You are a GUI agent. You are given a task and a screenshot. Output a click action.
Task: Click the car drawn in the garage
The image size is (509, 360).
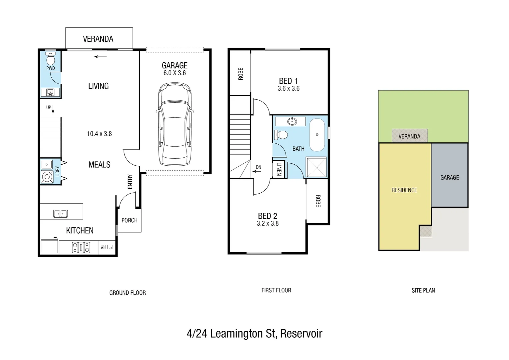pos(175,125)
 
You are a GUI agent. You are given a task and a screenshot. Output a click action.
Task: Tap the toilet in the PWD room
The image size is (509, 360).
pos(51,59)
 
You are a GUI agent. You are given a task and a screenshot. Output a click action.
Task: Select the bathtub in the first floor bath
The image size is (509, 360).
pos(317,135)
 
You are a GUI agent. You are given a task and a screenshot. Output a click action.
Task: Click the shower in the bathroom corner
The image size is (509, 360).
pos(316,167)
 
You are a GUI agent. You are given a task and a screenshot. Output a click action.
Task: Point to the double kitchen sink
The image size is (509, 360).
pos(60,213)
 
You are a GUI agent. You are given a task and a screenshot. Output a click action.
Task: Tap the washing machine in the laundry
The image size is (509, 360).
pos(47,177)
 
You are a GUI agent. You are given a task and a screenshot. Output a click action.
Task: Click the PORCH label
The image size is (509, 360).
pos(129,220)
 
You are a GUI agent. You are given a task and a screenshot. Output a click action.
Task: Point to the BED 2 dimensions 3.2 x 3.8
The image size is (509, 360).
pos(267,224)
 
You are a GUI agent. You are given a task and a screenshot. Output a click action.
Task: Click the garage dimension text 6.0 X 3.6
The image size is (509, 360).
pos(175,73)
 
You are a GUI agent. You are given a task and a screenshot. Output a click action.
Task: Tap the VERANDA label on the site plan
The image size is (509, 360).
pos(409,136)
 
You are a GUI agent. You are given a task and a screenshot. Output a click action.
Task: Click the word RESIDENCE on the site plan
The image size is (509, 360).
pos(404,190)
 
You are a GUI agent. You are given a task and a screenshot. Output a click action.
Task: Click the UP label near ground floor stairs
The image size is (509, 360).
pos(49,107)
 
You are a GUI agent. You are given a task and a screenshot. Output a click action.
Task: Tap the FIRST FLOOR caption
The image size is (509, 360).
pos(276,290)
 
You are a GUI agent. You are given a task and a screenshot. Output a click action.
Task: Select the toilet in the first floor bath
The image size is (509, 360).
pos(282,135)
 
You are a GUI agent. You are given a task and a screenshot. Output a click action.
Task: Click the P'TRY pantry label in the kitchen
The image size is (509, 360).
pos(107,247)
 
